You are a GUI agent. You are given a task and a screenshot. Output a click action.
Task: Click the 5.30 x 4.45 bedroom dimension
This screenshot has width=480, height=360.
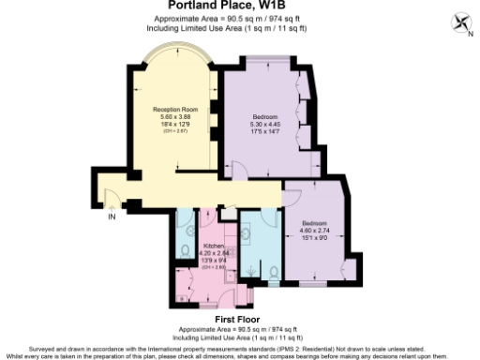click(x=266, y=123)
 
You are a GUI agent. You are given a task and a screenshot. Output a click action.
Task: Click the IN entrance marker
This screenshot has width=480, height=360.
click(x=112, y=217)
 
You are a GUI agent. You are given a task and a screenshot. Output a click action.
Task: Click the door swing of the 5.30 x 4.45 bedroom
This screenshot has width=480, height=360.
click(x=241, y=172)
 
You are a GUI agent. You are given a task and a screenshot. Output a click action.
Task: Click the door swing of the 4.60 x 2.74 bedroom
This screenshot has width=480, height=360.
click(x=292, y=193)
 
